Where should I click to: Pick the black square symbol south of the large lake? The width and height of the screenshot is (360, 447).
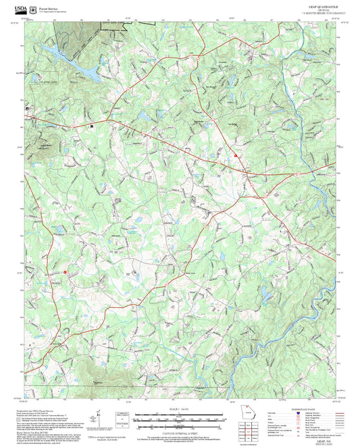(92, 125)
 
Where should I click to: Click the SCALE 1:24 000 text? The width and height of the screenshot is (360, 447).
(179, 409)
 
